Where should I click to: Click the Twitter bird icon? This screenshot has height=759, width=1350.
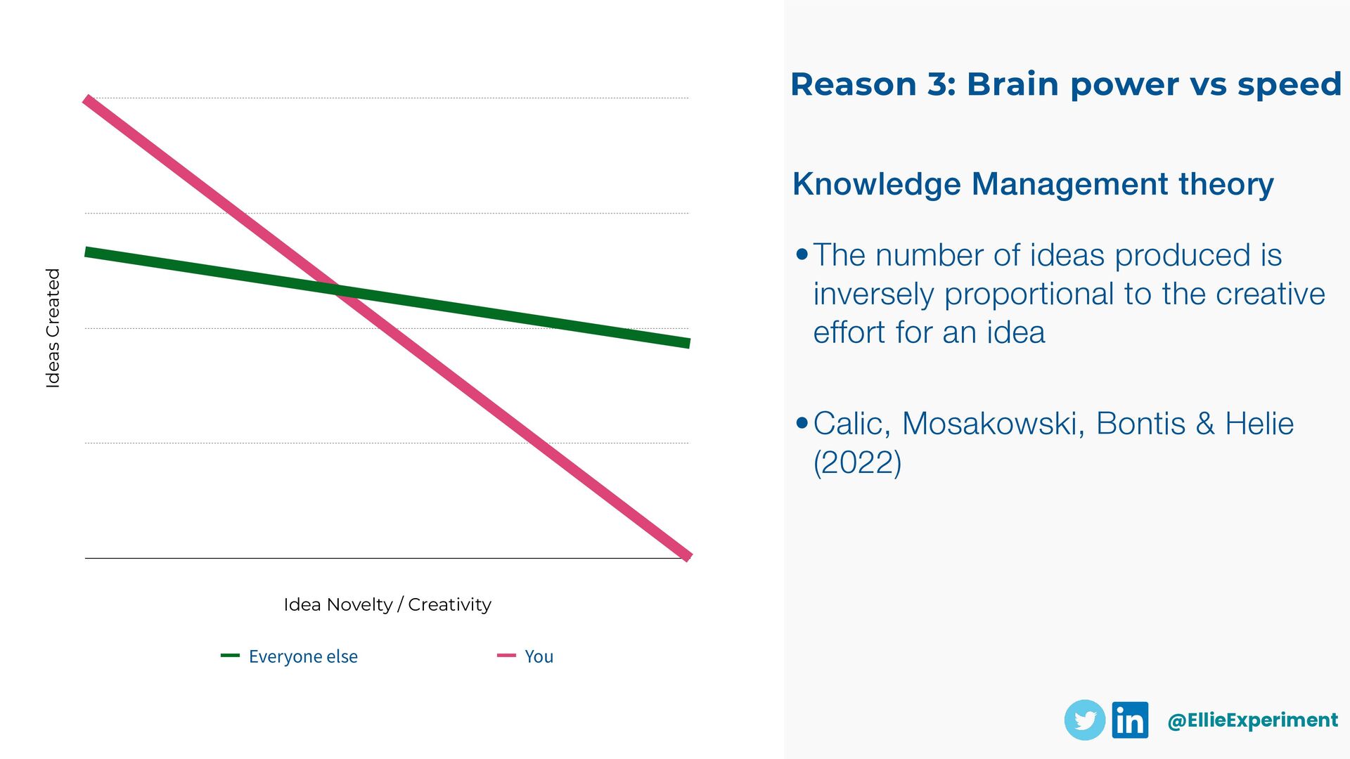1085,720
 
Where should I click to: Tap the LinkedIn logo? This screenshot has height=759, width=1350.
1130,720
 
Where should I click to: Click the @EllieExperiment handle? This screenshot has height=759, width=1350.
1252,720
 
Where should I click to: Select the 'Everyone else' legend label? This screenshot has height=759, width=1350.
303,656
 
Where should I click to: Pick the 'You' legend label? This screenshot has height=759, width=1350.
539,656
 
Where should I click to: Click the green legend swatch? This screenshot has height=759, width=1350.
230,656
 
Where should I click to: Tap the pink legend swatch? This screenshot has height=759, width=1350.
506,656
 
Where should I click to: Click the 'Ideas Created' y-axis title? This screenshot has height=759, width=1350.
53,328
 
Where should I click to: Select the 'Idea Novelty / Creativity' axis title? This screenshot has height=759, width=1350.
387,604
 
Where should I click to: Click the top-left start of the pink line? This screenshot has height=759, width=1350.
86,100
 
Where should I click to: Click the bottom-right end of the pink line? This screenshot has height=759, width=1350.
689,557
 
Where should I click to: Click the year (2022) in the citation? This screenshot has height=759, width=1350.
857,462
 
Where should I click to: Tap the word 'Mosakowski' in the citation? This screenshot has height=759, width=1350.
992,424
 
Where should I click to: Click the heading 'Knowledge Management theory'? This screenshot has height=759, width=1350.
1033,184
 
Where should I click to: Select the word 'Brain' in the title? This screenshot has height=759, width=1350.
1012,84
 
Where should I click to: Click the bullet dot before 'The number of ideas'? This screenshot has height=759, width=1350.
802,254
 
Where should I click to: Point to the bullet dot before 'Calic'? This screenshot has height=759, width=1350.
802,423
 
